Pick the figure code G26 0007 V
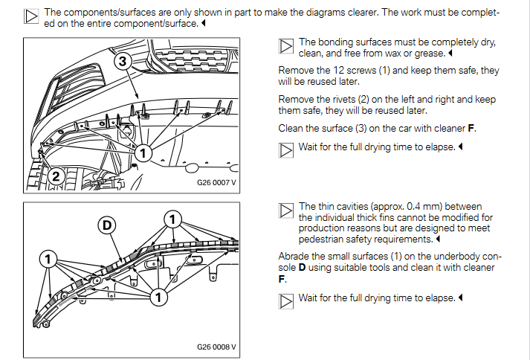pyautogui.click(x=216, y=181)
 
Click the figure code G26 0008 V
pyautogui.click(x=216, y=347)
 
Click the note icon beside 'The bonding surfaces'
pyautogui.click(x=286, y=46)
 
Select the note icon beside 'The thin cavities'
pyautogui.click(x=286, y=210)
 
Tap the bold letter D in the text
pyautogui.click(x=303, y=267)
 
